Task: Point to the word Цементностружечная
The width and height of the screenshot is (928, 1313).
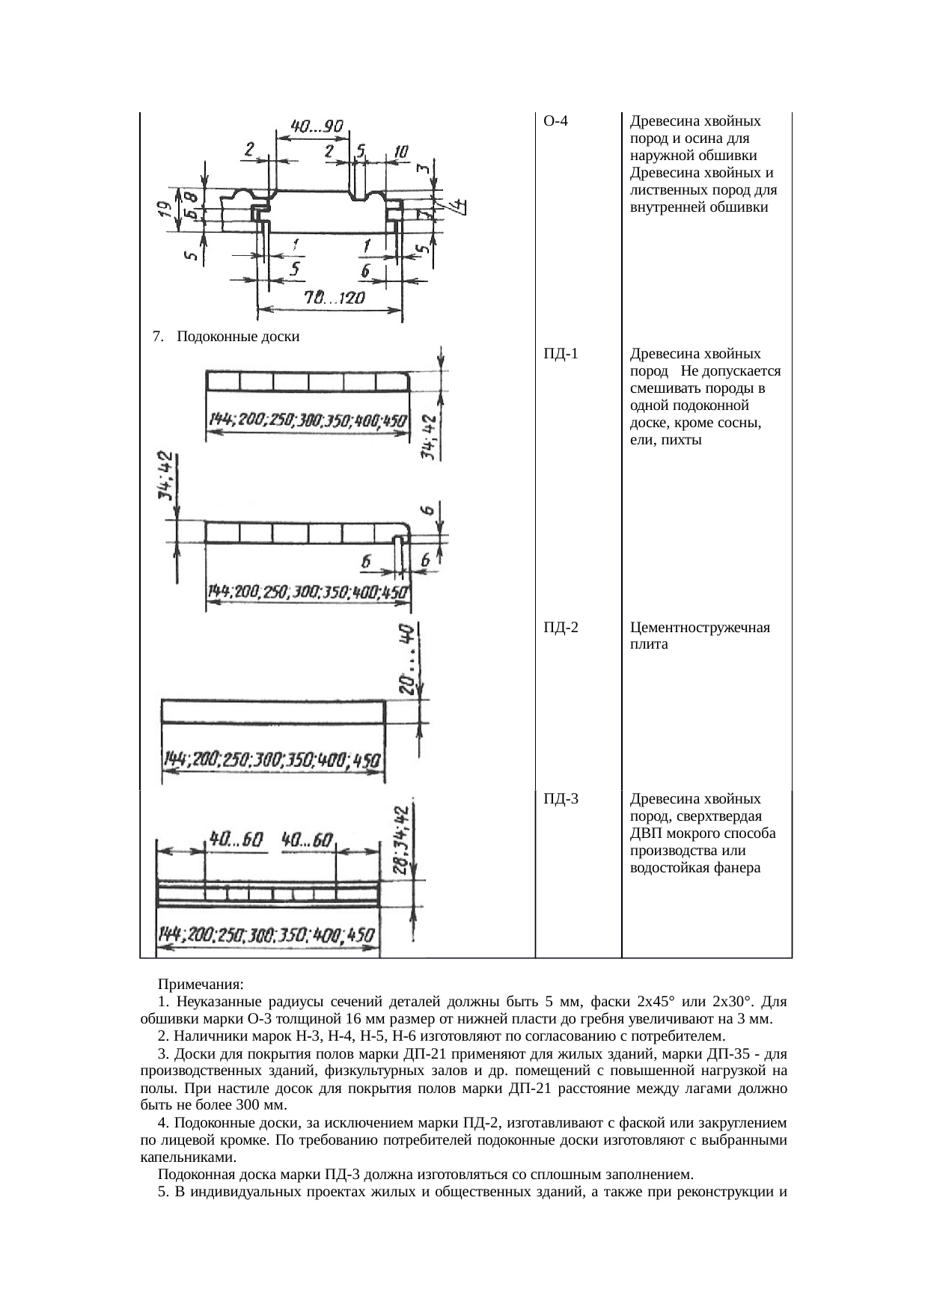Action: point(700,628)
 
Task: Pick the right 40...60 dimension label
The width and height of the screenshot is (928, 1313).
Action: point(308,840)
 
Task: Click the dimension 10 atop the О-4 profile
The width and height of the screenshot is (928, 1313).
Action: point(401,152)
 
